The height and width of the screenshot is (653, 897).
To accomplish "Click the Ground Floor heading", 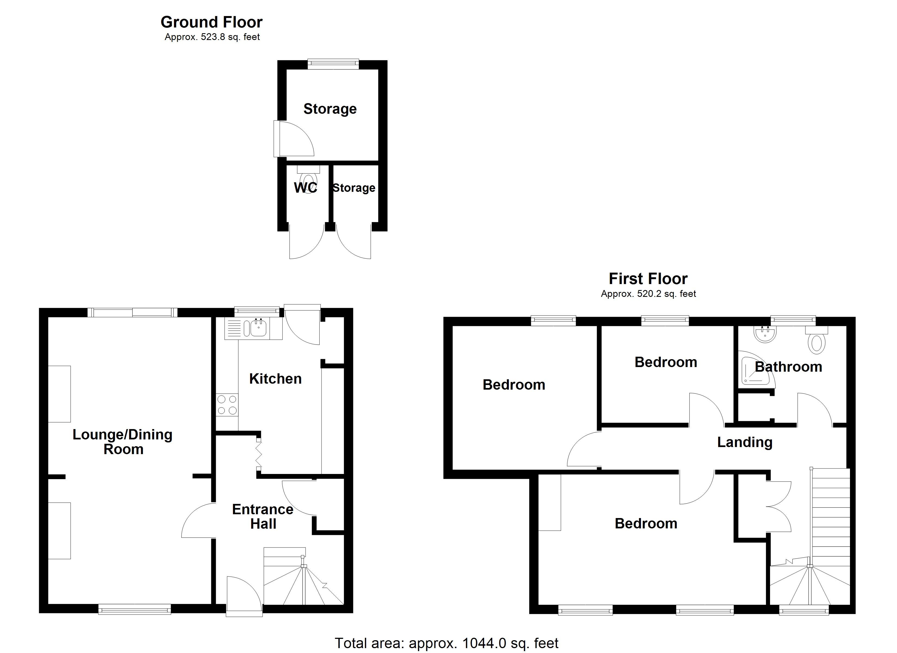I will (211, 22).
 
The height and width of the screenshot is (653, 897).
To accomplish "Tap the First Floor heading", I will (648, 279).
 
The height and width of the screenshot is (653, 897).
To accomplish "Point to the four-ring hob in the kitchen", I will (227, 405).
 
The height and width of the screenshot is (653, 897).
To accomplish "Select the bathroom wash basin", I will (765, 333).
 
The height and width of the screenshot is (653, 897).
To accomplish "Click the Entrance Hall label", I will (263, 516).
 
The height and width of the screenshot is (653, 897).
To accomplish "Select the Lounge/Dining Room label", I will (123, 442).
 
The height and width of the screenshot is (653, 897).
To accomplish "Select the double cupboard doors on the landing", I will (778, 506).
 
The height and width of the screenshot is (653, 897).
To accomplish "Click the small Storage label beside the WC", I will (354, 188).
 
